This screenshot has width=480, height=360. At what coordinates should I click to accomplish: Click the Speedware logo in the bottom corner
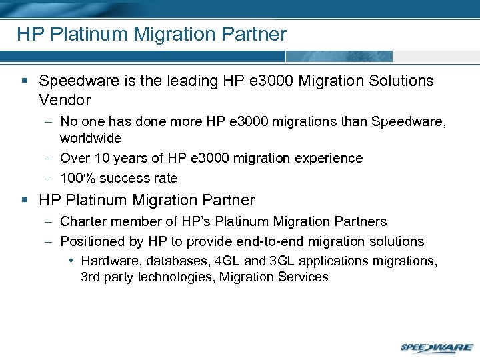click(437, 347)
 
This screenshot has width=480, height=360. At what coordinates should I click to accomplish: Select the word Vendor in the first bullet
click(65, 100)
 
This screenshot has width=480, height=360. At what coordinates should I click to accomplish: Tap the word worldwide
click(91, 138)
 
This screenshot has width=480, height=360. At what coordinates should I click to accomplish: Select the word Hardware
click(110, 261)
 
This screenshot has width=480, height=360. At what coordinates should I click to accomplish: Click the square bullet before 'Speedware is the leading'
click(24, 81)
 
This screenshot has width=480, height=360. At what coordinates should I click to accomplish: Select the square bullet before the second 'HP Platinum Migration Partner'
click(24, 200)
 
